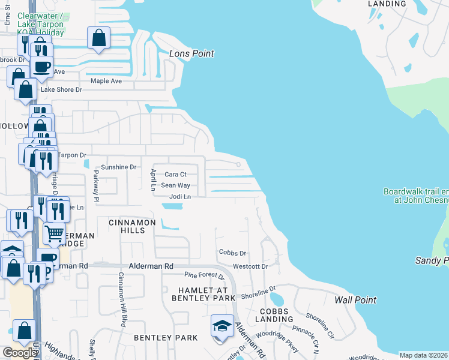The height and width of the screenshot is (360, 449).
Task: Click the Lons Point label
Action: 191,53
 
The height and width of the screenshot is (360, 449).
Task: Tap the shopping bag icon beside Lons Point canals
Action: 98,38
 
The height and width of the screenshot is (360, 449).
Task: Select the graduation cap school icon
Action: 222,326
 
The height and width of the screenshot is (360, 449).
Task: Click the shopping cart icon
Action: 55,233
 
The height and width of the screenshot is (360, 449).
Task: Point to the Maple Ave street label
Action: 106,81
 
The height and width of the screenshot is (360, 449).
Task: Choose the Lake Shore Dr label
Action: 61,89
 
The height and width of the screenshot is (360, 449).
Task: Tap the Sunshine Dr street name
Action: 118,167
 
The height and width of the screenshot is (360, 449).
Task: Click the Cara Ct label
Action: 176,175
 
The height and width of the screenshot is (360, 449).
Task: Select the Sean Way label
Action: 175,186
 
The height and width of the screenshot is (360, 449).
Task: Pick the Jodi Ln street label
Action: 180,197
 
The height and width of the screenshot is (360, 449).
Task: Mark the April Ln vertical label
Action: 153,179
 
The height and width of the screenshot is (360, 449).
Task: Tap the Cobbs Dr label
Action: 233,253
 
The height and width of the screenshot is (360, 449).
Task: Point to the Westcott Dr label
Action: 250,266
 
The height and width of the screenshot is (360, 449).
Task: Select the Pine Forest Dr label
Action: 204,277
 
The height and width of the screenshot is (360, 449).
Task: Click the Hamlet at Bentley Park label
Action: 202,293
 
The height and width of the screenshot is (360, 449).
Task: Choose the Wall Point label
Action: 355,300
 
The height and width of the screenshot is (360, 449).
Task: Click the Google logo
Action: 19,352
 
